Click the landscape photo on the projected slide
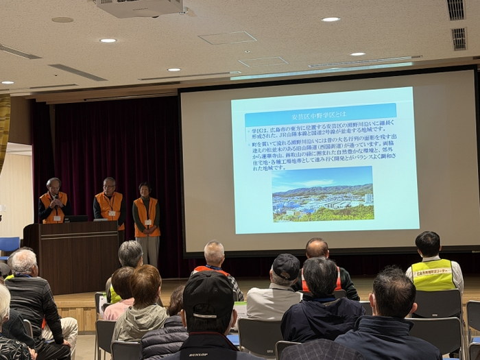tap(322, 193)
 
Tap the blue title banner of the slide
tap(320, 115)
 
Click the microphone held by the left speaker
tap(55, 200)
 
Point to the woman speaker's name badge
tap(148, 222)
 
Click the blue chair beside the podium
tap(10, 245)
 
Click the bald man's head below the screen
tap(317, 248)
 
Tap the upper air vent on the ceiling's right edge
tap(456, 9)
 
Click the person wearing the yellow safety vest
tap(433, 267)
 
